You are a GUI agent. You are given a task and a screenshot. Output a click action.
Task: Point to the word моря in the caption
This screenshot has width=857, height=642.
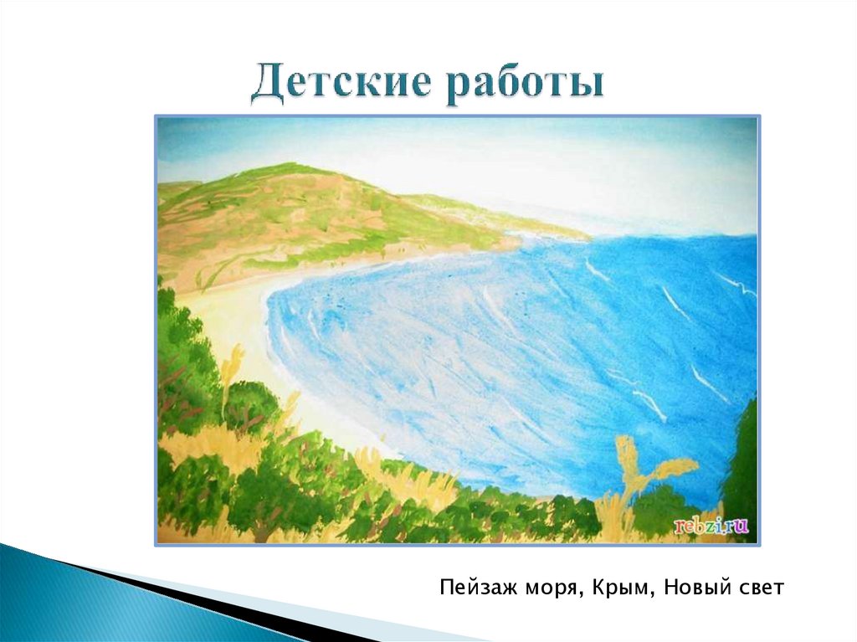(x=543, y=588)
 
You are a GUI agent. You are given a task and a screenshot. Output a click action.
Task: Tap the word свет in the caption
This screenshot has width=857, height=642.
(x=759, y=588)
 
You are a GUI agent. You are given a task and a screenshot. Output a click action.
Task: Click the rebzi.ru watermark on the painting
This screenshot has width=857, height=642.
(x=711, y=526)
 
